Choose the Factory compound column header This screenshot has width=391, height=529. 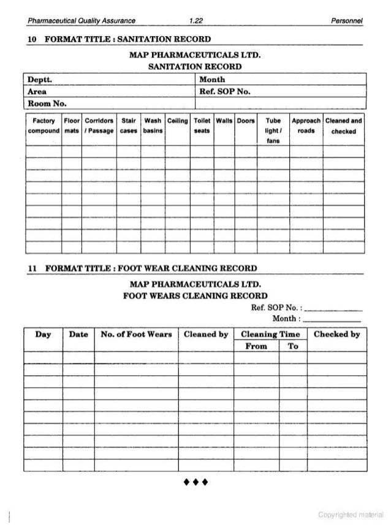pyautogui.click(x=42, y=126)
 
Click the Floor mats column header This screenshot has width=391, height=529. pyautogui.click(x=72, y=126)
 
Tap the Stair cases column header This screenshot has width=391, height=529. pyautogui.click(x=128, y=126)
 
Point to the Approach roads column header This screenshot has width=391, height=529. pyautogui.click(x=305, y=126)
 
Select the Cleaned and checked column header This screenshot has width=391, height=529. pyautogui.click(x=344, y=126)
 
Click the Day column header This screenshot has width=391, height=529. pyautogui.click(x=43, y=335)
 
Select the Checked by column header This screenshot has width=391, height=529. pyautogui.click(x=336, y=335)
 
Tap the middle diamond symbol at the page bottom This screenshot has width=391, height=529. pyautogui.click(x=195, y=479)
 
